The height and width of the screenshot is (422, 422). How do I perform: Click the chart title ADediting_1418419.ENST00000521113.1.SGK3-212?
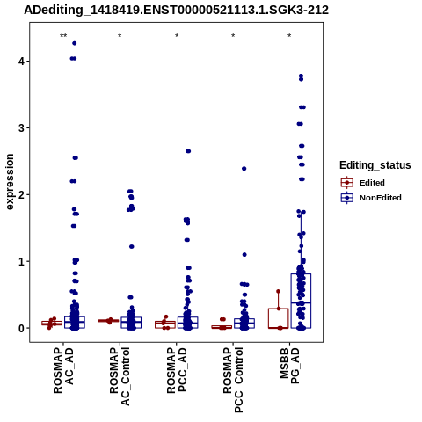pos(176,11)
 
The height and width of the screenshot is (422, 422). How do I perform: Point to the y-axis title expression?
pos(10,182)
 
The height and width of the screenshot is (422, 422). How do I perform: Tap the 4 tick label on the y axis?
pos(22,62)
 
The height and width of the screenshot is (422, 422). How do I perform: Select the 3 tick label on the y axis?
pos(22,128)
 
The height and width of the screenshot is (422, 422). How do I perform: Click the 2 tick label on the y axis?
pos(22,194)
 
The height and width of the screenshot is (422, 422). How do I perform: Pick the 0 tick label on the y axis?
pos(22,328)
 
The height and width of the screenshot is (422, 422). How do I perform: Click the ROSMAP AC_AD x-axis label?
pos(63,371)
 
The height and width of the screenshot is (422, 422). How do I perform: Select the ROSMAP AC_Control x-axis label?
pos(120,376)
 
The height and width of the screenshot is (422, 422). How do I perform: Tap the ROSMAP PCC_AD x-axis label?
pos(177,371)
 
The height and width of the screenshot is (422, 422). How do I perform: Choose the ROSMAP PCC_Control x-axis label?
pos(233,380)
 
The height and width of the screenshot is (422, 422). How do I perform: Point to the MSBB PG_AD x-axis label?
pos(289,366)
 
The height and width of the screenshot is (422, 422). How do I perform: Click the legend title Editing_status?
pos(375,165)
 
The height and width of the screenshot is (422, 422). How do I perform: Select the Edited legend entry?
pos(363,183)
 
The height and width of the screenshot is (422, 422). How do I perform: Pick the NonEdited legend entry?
pos(371,198)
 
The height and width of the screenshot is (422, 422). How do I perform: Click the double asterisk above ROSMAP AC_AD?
pos(63,36)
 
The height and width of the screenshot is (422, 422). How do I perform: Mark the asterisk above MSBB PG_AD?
pos(289,36)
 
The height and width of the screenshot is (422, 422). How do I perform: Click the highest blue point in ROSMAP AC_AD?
pos(75,43)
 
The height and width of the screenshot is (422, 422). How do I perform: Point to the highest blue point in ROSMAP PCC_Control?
pos(244,169)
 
